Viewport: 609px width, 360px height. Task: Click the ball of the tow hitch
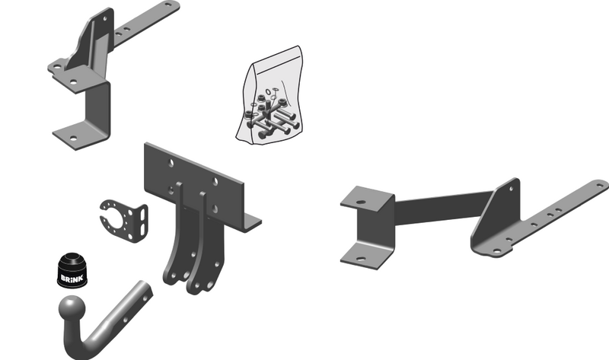point(72,309)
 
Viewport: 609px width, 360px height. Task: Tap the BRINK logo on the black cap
point(72,279)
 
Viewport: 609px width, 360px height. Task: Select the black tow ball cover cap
point(72,271)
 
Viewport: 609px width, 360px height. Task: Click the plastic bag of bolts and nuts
point(270,97)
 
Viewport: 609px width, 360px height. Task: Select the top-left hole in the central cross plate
point(171,163)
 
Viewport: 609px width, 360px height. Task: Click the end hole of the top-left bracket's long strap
point(168,5)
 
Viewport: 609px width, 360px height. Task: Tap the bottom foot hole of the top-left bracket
point(73,139)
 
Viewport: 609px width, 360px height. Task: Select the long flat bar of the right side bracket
point(443,208)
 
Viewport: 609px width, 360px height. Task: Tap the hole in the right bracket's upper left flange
point(361,202)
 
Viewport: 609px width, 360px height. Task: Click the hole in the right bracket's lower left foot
point(361,259)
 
